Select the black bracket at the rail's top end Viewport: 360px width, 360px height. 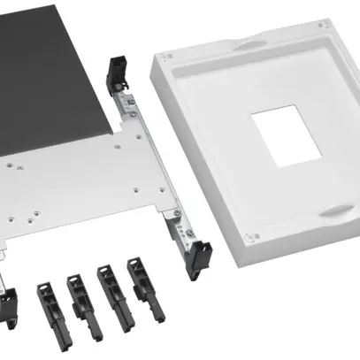coord(116,73)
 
